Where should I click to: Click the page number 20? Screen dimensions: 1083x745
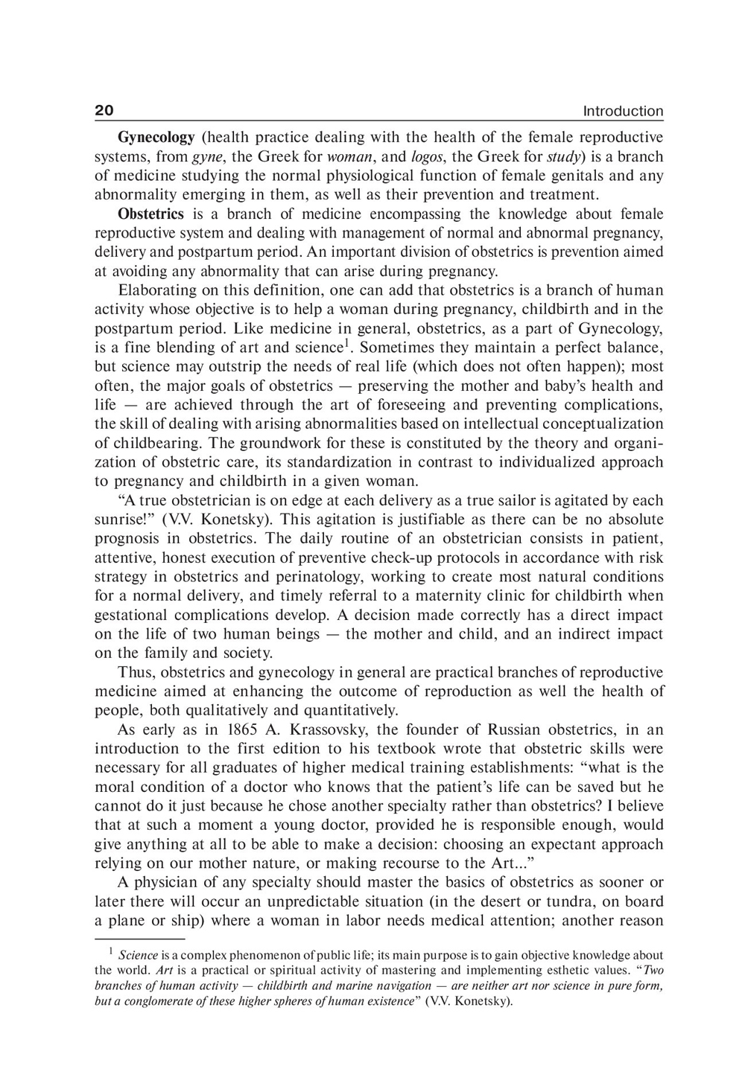[104, 111]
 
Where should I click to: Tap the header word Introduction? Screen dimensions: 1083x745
[623, 112]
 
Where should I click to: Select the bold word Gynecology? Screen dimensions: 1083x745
[156, 138]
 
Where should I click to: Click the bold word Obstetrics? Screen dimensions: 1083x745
[150, 214]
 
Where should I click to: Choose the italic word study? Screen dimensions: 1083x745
[564, 157]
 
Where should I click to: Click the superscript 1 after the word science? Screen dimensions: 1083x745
[346, 343]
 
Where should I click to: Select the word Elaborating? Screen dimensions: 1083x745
[156, 290]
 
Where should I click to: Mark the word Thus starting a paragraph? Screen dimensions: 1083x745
[136, 672]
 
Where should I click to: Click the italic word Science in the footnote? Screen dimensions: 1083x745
[139, 955]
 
